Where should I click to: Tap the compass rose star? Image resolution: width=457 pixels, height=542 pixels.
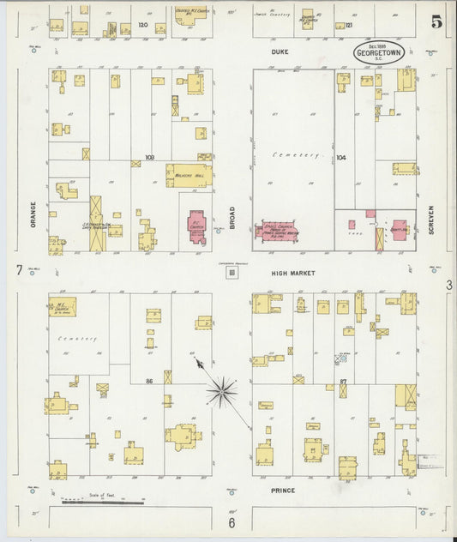[223, 390]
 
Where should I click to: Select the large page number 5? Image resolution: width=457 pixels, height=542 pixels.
[436, 22]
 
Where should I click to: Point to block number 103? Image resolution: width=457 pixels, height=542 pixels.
[150, 158]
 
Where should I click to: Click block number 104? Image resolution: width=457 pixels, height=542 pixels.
[340, 158]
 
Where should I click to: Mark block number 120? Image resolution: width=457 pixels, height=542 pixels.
[143, 26]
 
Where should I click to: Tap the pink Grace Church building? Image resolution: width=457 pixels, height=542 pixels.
[282, 231]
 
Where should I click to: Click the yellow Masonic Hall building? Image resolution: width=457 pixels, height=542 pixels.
[188, 175]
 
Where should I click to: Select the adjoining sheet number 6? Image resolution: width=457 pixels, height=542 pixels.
[231, 522]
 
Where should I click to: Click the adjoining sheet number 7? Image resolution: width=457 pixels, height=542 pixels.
[18, 271]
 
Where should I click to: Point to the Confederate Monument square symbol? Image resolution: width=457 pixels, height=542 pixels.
[231, 273]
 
